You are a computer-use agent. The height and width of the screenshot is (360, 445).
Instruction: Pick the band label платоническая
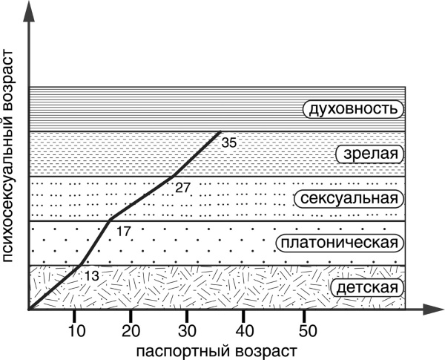coord(338,243)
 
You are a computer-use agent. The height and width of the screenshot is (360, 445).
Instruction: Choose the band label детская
coord(366,287)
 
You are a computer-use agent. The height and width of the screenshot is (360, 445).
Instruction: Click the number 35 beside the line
coord(229,143)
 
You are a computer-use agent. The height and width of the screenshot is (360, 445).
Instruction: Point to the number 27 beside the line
coord(182,187)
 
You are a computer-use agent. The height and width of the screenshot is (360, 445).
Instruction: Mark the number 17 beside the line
coord(124,232)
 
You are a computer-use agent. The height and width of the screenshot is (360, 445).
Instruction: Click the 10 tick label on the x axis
coord(75,330)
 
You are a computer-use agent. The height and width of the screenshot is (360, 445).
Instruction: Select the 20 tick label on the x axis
coord(131,330)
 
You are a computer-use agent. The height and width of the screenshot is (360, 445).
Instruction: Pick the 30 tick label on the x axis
coord(188,330)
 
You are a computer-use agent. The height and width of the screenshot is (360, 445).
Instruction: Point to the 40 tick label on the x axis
coord(245,330)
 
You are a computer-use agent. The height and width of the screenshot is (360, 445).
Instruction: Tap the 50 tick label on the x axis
coord(304,330)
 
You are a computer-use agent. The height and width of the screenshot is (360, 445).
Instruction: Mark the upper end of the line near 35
coord(220,132)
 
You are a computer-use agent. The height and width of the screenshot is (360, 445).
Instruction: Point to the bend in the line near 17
coord(110,220)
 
